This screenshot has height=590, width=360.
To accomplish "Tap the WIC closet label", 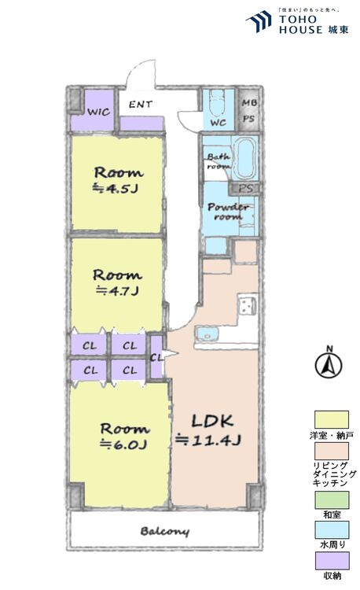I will tap(98, 112).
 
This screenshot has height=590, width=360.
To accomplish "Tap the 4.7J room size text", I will tap(118, 290).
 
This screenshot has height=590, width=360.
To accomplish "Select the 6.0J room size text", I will tap(124, 444).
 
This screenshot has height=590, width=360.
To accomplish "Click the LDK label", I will tap(208, 419).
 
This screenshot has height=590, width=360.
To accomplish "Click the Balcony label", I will tap(165, 532).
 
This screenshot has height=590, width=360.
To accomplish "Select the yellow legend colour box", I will tap(332, 419).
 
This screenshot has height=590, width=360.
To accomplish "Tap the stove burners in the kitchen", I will tap(246, 304).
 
